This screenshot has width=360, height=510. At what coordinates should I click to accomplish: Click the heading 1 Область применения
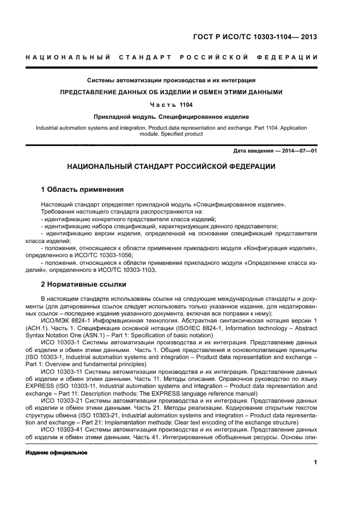82,190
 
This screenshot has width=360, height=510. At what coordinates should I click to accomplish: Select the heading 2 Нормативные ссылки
84,284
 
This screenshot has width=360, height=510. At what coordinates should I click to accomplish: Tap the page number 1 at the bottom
315,463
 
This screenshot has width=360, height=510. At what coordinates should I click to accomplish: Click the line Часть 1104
171,104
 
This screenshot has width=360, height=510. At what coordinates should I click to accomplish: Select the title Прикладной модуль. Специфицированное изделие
171,116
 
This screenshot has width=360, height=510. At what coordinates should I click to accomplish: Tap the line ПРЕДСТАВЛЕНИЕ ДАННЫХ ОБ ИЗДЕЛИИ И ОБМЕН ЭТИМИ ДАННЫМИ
171,92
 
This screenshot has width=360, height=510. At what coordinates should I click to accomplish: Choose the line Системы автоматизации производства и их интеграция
171,80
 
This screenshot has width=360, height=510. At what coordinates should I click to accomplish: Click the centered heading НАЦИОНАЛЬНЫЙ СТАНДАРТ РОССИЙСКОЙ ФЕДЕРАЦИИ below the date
171,166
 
